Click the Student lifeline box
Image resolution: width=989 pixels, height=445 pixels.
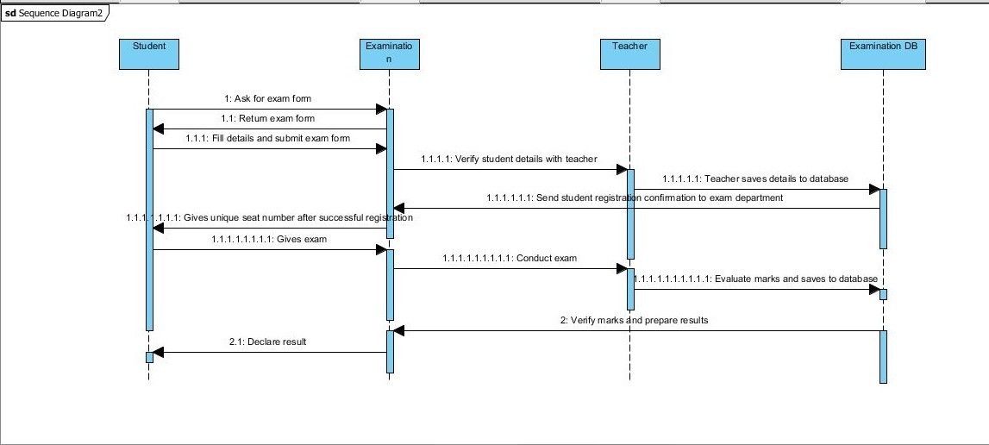(x=149, y=53)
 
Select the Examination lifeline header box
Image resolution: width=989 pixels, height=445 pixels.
(x=390, y=53)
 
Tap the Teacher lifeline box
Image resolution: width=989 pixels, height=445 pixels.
(x=629, y=53)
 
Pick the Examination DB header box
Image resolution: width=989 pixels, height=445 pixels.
(x=883, y=53)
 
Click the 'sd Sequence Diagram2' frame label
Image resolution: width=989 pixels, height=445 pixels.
(x=53, y=14)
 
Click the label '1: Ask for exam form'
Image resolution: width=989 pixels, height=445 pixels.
(x=267, y=99)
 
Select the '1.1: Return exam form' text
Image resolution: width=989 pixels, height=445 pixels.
(x=267, y=119)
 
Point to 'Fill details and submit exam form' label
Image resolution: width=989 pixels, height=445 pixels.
(x=267, y=139)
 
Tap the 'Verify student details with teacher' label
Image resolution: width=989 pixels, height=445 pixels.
(x=509, y=160)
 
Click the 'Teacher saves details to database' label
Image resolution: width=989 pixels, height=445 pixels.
(x=755, y=179)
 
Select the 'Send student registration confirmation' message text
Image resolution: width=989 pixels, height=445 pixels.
(x=635, y=198)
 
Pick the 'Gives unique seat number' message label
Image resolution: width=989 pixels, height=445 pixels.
(x=269, y=218)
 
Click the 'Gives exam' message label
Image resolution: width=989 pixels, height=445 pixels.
(x=269, y=239)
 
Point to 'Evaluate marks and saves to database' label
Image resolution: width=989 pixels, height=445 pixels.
(x=755, y=279)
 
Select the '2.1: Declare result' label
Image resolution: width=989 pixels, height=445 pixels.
(x=267, y=342)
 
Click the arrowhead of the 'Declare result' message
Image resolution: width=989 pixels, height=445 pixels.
(x=158, y=352)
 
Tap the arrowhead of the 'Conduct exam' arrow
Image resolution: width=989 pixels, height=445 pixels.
(x=620, y=269)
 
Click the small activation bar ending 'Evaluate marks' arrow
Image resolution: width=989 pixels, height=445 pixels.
(x=883, y=294)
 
